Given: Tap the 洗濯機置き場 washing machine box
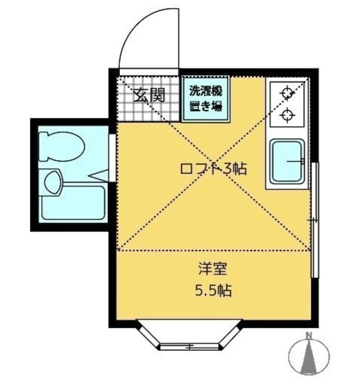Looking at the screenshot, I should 205,99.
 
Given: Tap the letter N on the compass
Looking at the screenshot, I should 308,335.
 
